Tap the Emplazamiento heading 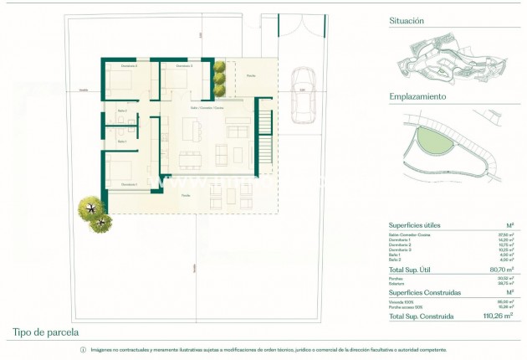click(x=417, y=96)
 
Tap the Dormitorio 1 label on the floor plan click(x=129, y=184)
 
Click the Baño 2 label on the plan click(x=122, y=111)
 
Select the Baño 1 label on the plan click(x=122, y=141)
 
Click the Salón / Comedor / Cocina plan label click(x=207, y=108)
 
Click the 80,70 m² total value click(x=500, y=270)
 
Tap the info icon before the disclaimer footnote click(x=83, y=349)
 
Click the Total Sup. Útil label click(x=417, y=270)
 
